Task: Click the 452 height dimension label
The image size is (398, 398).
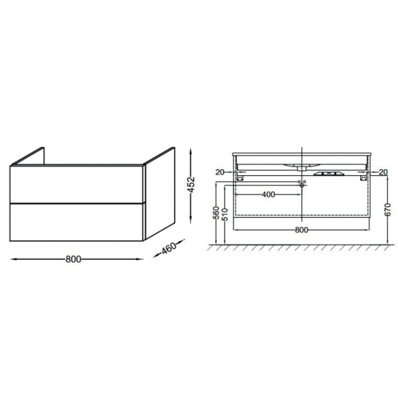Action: (192, 184)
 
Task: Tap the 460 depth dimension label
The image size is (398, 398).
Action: (168, 248)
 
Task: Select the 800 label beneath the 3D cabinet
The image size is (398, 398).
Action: (74, 259)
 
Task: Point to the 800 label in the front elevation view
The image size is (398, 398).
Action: (301, 230)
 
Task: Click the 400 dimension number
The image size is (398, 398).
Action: (268, 194)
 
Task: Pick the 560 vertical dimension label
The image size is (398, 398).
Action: (216, 213)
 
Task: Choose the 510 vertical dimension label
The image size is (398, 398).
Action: (225, 214)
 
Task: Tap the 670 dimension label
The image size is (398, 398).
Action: (387, 210)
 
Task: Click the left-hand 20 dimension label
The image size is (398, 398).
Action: (220, 172)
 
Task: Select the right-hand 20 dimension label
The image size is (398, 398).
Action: (383, 172)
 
